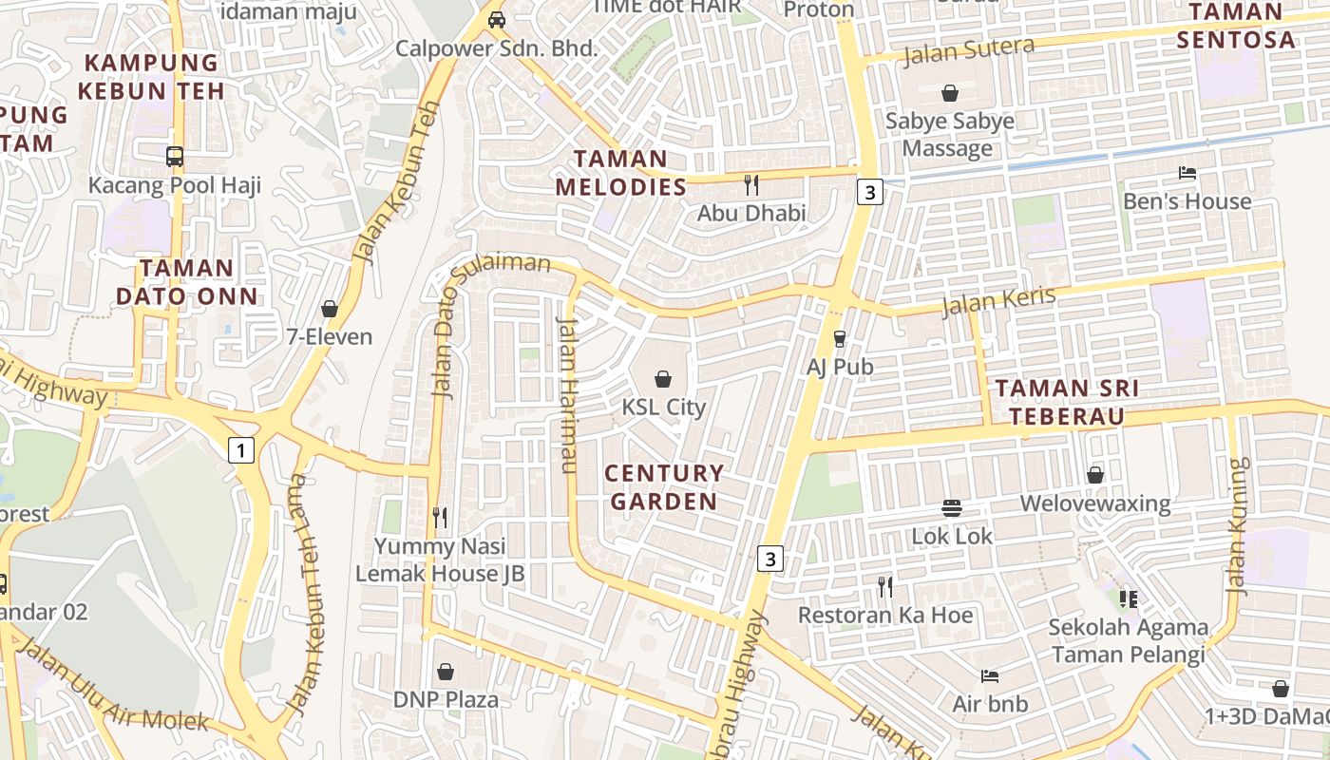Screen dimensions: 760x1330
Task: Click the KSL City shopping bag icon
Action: [663, 379]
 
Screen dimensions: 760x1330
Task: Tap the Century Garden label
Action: [664, 486]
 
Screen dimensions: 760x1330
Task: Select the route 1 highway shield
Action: [241, 450]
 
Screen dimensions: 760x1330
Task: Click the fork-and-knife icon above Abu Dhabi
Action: [751, 184]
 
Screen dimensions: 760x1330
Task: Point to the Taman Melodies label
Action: [621, 173]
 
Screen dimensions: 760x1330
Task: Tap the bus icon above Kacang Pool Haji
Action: [175, 157]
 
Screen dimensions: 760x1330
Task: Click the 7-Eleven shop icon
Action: [330, 309]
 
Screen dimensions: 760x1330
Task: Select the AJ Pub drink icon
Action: [839, 338]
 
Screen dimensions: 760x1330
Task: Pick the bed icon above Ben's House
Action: [1187, 173]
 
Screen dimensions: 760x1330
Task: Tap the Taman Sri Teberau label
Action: [1067, 402]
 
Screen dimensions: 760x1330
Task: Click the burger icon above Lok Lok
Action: [952, 508]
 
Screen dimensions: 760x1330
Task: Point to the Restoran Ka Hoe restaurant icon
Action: [885, 587]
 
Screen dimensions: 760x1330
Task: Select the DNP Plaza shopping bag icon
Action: [446, 672]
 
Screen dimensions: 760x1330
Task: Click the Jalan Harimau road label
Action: [566, 393]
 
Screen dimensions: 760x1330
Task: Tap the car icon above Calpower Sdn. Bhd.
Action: [496, 20]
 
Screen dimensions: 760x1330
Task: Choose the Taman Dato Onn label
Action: [187, 282]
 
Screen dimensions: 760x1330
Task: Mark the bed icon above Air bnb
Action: [990, 676]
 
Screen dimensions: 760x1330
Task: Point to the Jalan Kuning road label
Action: [1239, 526]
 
